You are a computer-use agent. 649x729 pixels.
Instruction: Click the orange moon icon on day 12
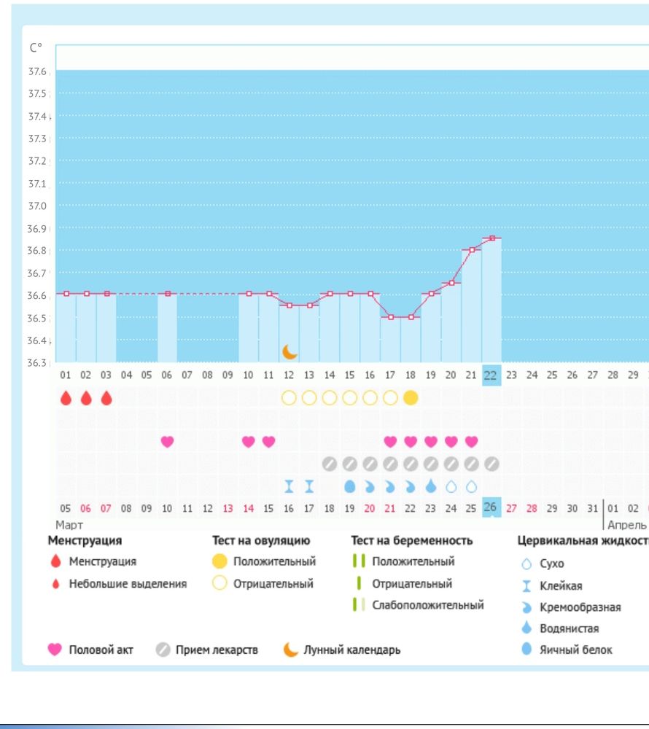(289, 352)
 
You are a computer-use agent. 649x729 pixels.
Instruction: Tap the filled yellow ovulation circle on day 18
(411, 398)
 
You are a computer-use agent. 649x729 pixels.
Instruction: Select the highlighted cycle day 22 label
(491, 375)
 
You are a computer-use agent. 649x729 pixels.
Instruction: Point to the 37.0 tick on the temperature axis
(37, 206)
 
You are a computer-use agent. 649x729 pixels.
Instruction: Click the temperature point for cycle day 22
(492, 238)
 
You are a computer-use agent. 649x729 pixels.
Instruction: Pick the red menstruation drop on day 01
(66, 398)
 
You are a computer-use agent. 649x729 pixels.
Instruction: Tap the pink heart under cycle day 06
(168, 441)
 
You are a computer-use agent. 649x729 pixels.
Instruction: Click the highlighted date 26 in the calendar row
(491, 507)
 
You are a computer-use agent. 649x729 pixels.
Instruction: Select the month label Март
(69, 525)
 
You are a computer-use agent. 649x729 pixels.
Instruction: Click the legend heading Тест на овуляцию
(261, 540)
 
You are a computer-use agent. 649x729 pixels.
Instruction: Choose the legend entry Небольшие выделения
(128, 583)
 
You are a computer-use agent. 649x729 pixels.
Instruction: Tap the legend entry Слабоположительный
(427, 605)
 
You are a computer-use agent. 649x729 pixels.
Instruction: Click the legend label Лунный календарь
(351, 650)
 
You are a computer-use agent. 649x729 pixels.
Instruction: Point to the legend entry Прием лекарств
(217, 650)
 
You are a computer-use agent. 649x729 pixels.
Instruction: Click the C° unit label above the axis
(36, 48)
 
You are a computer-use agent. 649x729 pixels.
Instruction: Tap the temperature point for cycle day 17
(391, 317)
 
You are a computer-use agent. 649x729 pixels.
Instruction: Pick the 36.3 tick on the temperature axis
(37, 362)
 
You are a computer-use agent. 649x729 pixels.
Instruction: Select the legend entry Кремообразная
(580, 607)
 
